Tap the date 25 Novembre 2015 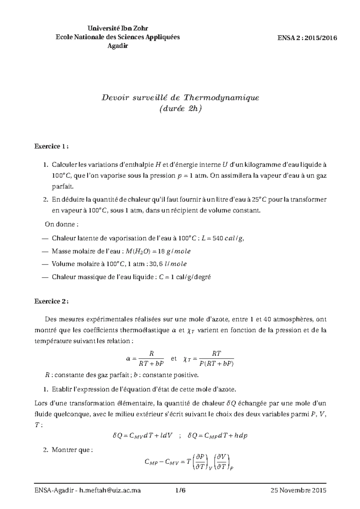pyautogui.click(x=298, y=490)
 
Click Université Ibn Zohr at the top pyautogui.click(x=118, y=28)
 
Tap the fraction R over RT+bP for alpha pyautogui.click(x=151, y=359)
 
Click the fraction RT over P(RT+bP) pyautogui.click(x=216, y=359)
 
